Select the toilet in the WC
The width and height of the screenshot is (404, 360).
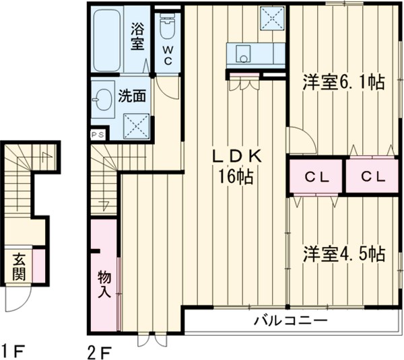[x=167, y=28]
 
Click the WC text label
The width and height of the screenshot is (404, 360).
[x=167, y=55]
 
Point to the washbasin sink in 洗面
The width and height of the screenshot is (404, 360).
[x=103, y=102]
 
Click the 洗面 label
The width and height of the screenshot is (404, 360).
[x=132, y=96]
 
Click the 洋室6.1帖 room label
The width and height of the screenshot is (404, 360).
[x=343, y=83]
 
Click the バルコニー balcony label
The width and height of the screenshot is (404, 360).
[x=290, y=321]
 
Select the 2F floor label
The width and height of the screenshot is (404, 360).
[x=99, y=350]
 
